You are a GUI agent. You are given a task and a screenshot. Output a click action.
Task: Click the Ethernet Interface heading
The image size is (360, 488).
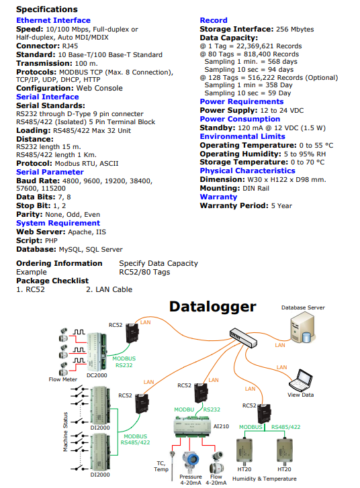click(53, 20)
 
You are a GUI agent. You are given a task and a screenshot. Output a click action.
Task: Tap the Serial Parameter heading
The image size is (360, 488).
click(50, 172)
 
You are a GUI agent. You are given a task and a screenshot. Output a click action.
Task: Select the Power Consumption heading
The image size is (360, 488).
click(240, 119)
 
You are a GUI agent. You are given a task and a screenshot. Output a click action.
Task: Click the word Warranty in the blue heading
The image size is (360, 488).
click(218, 197)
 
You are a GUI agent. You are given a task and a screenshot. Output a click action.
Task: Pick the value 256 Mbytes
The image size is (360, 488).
click(295, 30)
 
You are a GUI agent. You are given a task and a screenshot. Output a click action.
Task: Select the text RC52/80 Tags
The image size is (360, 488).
click(144, 273)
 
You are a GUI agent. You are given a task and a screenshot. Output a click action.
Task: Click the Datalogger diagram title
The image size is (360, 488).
click(213, 307)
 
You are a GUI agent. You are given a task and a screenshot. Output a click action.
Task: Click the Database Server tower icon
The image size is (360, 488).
click(302, 328)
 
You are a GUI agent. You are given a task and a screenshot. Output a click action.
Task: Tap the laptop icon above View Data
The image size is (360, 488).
click(301, 380)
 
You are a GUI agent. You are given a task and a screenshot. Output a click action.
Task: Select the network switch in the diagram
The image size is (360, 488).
click(244, 338)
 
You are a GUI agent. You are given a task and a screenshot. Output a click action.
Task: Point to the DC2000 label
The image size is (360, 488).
click(97, 375)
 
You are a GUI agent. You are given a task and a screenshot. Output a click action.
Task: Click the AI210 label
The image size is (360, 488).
click(221, 426)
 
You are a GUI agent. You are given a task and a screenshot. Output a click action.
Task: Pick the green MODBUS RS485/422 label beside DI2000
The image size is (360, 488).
click(135, 440)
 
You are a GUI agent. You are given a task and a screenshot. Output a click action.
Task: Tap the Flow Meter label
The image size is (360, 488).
click(63, 379)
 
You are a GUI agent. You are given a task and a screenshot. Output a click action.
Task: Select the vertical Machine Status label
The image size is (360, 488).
click(65, 432)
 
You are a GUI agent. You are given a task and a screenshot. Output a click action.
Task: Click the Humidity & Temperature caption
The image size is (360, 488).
click(265, 479)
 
